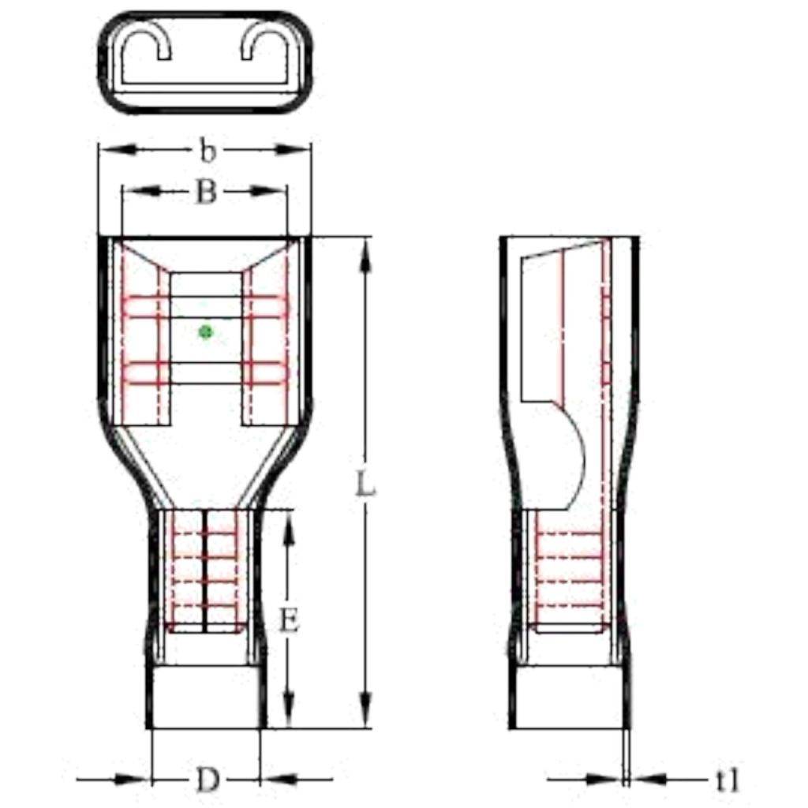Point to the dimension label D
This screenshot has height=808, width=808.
[x=207, y=780]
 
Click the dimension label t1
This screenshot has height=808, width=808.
[x=728, y=780]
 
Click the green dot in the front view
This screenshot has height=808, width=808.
[x=205, y=332]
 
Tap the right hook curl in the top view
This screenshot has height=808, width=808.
[x=264, y=44]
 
